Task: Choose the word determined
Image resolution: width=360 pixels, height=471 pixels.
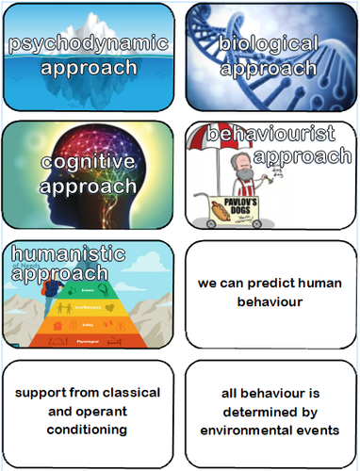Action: pyautogui.click(x=271, y=412)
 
